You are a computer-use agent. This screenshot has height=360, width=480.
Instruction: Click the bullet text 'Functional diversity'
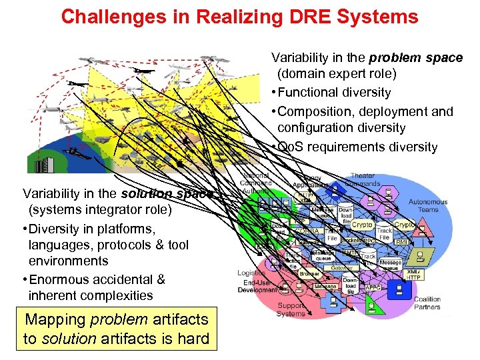point(334,93)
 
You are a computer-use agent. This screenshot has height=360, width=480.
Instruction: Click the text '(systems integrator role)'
point(100,211)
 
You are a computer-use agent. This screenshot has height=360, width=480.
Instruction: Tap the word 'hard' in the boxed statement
point(193,338)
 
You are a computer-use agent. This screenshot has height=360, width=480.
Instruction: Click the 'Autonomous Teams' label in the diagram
point(428,205)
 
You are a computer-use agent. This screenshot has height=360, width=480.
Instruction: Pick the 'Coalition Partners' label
point(427,303)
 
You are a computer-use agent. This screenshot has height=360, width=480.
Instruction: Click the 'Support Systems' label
point(291,309)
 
